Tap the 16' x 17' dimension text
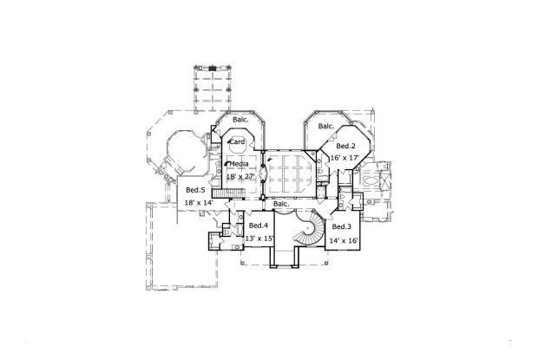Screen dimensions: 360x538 pyautogui.click(x=344, y=158)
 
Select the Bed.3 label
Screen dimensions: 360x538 pyautogui.click(x=341, y=226)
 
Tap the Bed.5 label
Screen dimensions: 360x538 pyautogui.click(x=195, y=191)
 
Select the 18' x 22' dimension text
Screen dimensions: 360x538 pyautogui.click(x=242, y=175)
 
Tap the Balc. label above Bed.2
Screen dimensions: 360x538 pyautogui.click(x=326, y=127)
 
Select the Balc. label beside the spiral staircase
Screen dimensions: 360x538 pyautogui.click(x=283, y=206)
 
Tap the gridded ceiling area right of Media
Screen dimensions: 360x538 pyautogui.click(x=292, y=176)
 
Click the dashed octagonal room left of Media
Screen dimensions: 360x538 pyautogui.click(x=180, y=152)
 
